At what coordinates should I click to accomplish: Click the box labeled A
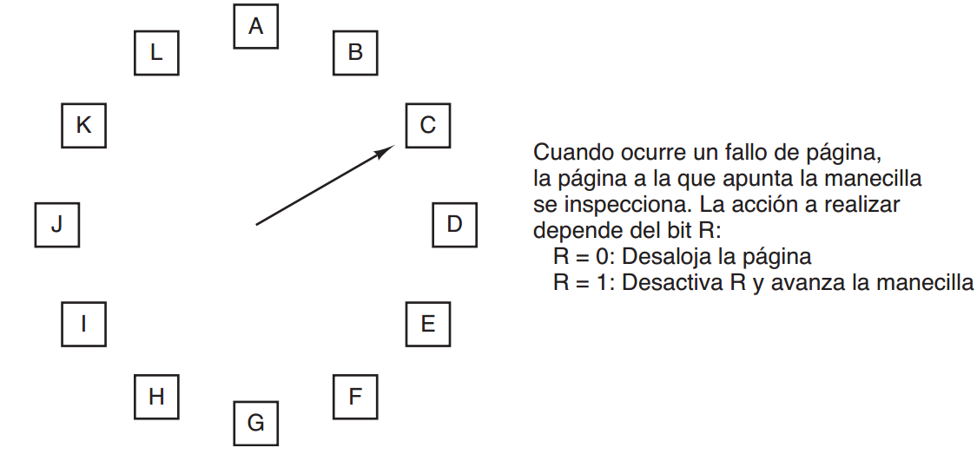[255, 27]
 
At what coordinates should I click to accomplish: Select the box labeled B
[355, 52]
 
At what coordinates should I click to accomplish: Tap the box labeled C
[428, 125]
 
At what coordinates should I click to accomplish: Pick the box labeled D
[454, 224]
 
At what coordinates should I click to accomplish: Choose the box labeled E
[428, 324]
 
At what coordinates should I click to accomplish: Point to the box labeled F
[355, 397]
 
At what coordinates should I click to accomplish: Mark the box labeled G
[255, 424]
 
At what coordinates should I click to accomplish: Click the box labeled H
[156, 397]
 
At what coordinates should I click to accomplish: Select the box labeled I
[83, 324]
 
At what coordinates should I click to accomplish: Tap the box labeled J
[57, 224]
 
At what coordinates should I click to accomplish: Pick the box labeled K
[83, 125]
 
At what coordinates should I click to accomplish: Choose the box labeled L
[156, 52]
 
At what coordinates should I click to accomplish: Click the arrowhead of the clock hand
[388, 150]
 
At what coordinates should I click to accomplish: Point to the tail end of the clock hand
[257, 224]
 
